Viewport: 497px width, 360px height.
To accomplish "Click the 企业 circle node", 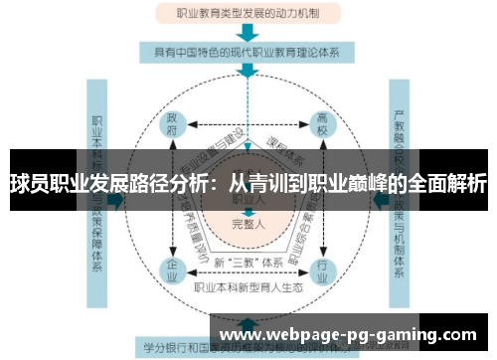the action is pos(172,269).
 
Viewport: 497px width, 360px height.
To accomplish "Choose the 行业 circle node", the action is pos(320,269).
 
